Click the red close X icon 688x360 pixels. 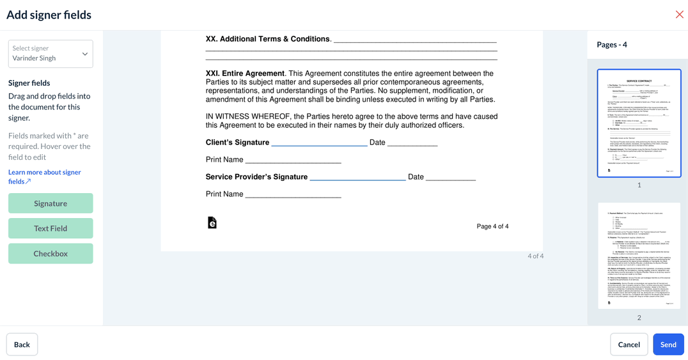pos(679,15)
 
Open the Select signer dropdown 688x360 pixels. pos(51,54)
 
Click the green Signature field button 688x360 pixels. pos(51,203)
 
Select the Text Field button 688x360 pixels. pos(51,228)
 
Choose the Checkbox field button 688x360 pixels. pos(51,253)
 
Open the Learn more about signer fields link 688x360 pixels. pos(44,176)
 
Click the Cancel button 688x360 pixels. pos(629,344)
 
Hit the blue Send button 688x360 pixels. pos(668,344)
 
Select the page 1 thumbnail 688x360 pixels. pos(639,123)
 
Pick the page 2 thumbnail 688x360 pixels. pos(639,256)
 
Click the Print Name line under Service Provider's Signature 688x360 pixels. pos(293,196)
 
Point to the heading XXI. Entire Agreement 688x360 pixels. pos(245,74)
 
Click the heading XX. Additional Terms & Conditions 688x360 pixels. pos(267,39)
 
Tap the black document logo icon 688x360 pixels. pos(212,223)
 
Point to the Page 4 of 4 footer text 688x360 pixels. pos(492,226)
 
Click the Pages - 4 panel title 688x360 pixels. pos(611,45)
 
